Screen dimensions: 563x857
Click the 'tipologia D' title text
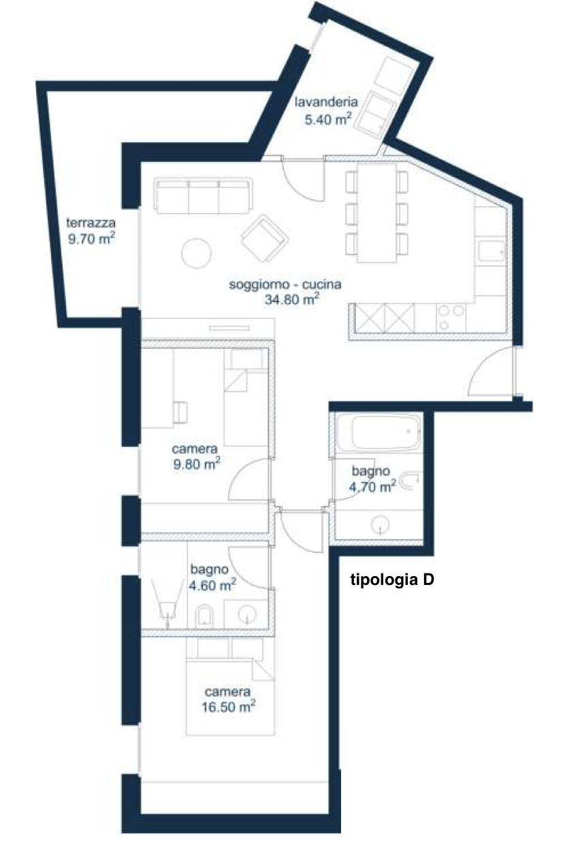392,580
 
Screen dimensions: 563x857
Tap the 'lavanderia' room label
326,102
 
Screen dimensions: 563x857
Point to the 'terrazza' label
91,222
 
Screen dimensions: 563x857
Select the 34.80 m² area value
292,299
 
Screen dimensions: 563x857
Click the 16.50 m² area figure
228,706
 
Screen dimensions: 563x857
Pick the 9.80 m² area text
197,464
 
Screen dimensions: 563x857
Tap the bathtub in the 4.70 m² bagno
386,433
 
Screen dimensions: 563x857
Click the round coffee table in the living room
197,253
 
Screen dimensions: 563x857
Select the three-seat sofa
204,195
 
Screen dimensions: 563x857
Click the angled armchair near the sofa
265,238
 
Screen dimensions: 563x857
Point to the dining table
376,213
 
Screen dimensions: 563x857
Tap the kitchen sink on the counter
492,252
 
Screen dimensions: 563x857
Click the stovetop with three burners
451,318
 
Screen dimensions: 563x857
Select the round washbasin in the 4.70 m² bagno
381,524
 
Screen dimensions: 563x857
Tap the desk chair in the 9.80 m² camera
180,412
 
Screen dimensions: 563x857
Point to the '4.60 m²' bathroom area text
212,585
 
